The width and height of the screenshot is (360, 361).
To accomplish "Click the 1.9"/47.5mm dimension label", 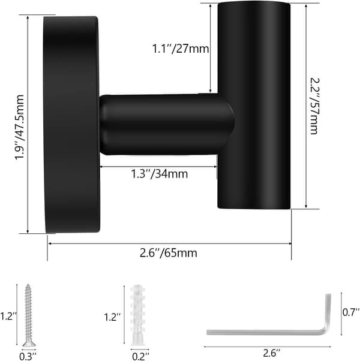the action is (19, 127).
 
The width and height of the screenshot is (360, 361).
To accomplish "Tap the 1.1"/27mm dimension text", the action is (181, 49).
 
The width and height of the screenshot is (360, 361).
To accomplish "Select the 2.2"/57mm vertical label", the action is (314, 106).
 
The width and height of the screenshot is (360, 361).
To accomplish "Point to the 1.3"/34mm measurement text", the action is (160, 173).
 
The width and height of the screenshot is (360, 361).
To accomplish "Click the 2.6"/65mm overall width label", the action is (169, 253).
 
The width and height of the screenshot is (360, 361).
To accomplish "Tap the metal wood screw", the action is (29, 315).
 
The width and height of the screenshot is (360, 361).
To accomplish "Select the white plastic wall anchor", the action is (138, 315).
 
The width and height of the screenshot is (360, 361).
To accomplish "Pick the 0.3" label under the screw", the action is (28, 356).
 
